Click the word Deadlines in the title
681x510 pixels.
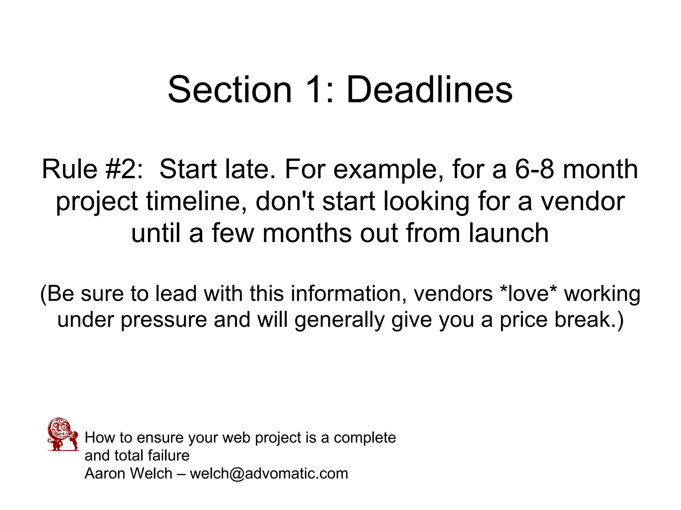point(429,90)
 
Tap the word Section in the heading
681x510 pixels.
point(230,90)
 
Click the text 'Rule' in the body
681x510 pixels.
point(69,169)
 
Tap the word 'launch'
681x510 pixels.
point(509,233)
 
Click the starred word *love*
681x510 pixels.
point(528,294)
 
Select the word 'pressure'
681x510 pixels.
point(164,320)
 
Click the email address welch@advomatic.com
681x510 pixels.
point(269,473)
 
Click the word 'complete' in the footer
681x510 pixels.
point(365,438)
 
